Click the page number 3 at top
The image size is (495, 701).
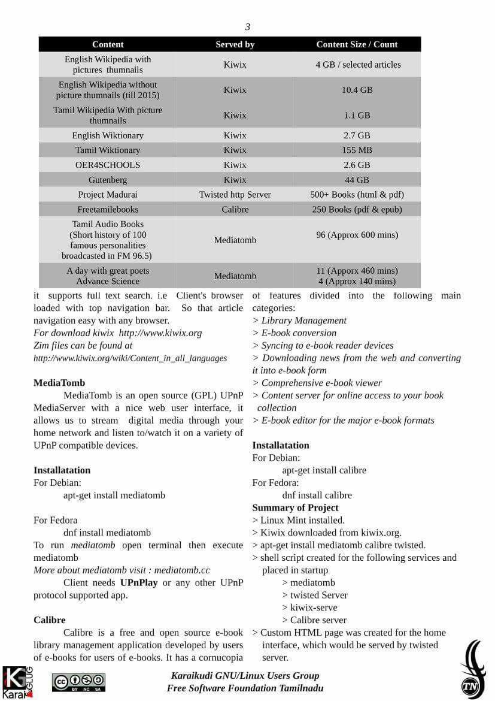[x=248, y=27]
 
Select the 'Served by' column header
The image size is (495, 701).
[x=235, y=44]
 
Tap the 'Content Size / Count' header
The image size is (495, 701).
[x=357, y=44]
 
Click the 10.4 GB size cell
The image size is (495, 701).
[x=357, y=90]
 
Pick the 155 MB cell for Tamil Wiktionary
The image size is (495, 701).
[x=357, y=150]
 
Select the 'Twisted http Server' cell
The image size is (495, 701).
[x=235, y=194]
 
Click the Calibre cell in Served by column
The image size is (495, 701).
[x=235, y=209]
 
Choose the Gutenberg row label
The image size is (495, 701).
[x=108, y=180]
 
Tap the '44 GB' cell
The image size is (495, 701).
[x=357, y=180]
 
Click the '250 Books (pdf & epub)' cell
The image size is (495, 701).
[x=357, y=209]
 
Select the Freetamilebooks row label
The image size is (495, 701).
[x=108, y=209]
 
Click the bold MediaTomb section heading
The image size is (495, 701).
[x=59, y=383]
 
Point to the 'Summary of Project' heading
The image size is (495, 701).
[x=295, y=507]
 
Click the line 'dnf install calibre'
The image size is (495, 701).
[x=317, y=495]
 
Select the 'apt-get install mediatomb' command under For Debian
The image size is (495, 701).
[x=114, y=495]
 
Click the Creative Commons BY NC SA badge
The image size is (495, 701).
[x=78, y=682]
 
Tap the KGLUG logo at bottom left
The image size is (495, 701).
[x=17, y=682]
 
